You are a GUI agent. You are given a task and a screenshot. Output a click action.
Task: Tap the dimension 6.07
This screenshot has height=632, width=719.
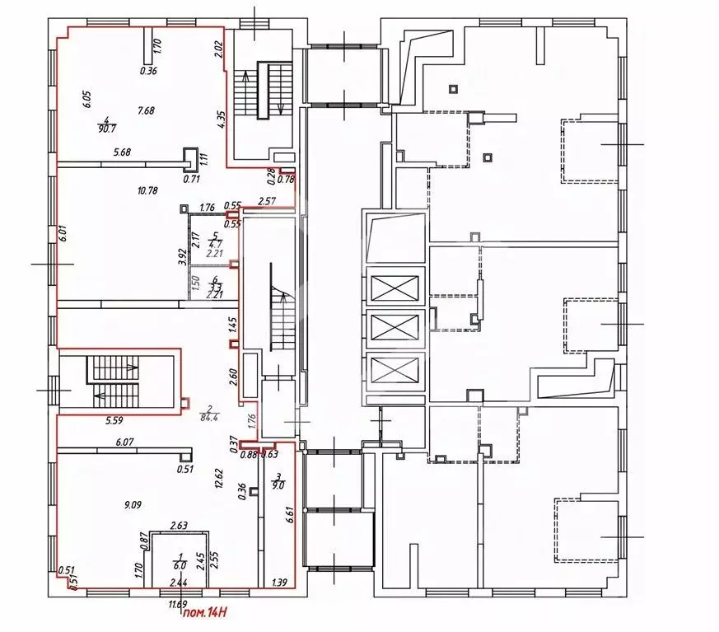pyautogui.click(x=124, y=442)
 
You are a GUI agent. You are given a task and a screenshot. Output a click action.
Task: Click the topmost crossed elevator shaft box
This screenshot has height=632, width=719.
pyautogui.click(x=395, y=290)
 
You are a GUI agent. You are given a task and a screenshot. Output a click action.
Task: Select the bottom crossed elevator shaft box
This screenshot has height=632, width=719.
pyautogui.click(x=395, y=372)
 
